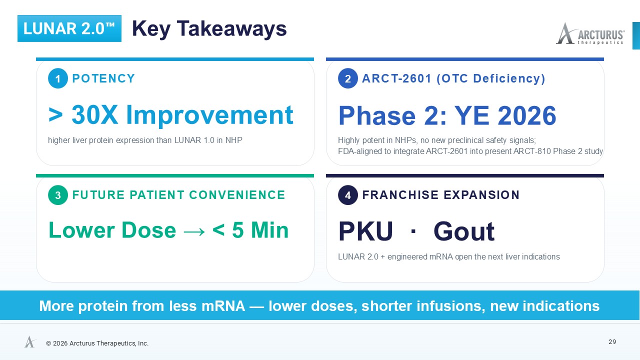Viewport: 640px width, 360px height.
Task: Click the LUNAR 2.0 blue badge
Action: (x=69, y=28)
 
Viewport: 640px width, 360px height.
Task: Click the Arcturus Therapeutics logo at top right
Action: (x=590, y=33)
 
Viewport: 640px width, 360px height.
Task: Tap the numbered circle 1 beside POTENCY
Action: (x=57, y=78)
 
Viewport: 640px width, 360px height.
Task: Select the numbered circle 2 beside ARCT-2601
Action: (x=347, y=78)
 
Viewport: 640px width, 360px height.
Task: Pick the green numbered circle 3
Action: (x=57, y=195)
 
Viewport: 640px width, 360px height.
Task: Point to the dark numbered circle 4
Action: (x=347, y=195)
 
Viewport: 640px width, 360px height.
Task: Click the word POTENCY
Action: (x=103, y=78)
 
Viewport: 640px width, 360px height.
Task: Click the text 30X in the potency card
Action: (x=94, y=115)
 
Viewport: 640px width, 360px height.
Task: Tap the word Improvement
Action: (x=209, y=115)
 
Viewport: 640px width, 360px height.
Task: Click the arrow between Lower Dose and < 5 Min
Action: (x=194, y=231)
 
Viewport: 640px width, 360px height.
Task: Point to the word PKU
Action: (x=365, y=231)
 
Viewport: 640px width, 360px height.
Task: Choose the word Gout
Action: (x=464, y=231)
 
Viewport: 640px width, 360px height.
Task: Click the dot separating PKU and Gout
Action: (x=413, y=231)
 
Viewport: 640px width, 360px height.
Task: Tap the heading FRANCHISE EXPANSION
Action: (x=440, y=195)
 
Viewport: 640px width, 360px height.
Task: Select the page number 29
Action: (x=612, y=342)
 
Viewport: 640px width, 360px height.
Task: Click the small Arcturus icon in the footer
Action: (x=30, y=341)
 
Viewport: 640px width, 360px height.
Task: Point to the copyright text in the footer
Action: (x=97, y=343)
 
